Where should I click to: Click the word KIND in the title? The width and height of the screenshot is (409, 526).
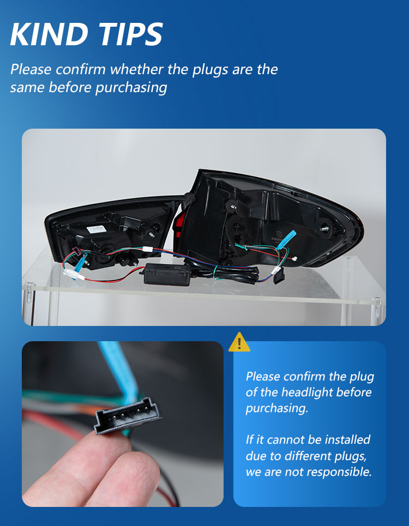(x=49, y=34)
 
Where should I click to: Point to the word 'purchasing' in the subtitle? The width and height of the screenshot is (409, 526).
(x=131, y=88)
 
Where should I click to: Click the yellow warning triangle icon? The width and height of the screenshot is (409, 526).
(x=239, y=342)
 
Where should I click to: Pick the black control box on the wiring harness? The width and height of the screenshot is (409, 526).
(x=167, y=274)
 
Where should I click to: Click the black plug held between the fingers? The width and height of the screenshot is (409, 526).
(x=128, y=416)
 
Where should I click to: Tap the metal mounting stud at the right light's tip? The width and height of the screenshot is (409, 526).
(x=324, y=229)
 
